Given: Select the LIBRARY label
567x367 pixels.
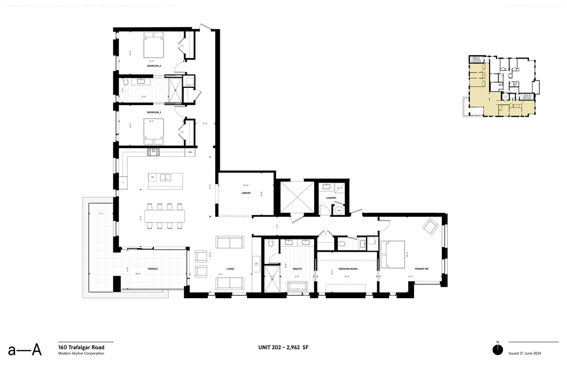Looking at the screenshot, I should coord(246,193).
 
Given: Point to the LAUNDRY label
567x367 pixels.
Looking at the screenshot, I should coord(331,198).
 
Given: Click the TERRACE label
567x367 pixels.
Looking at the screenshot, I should coord(153,269).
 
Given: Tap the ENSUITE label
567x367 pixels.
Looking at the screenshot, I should coord(297,269).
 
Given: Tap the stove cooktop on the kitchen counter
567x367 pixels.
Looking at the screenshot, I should coord(153,152).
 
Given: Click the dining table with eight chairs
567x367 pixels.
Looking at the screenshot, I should coord(165,216).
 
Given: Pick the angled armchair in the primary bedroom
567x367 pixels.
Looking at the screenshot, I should coord(431,226).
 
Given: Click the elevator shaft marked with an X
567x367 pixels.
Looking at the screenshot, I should coord(296,196).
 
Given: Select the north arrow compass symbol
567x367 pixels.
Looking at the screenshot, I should coord(498,349).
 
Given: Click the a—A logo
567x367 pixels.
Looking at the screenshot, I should coord(25,350).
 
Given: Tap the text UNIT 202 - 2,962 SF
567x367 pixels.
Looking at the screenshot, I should coord(283,347).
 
